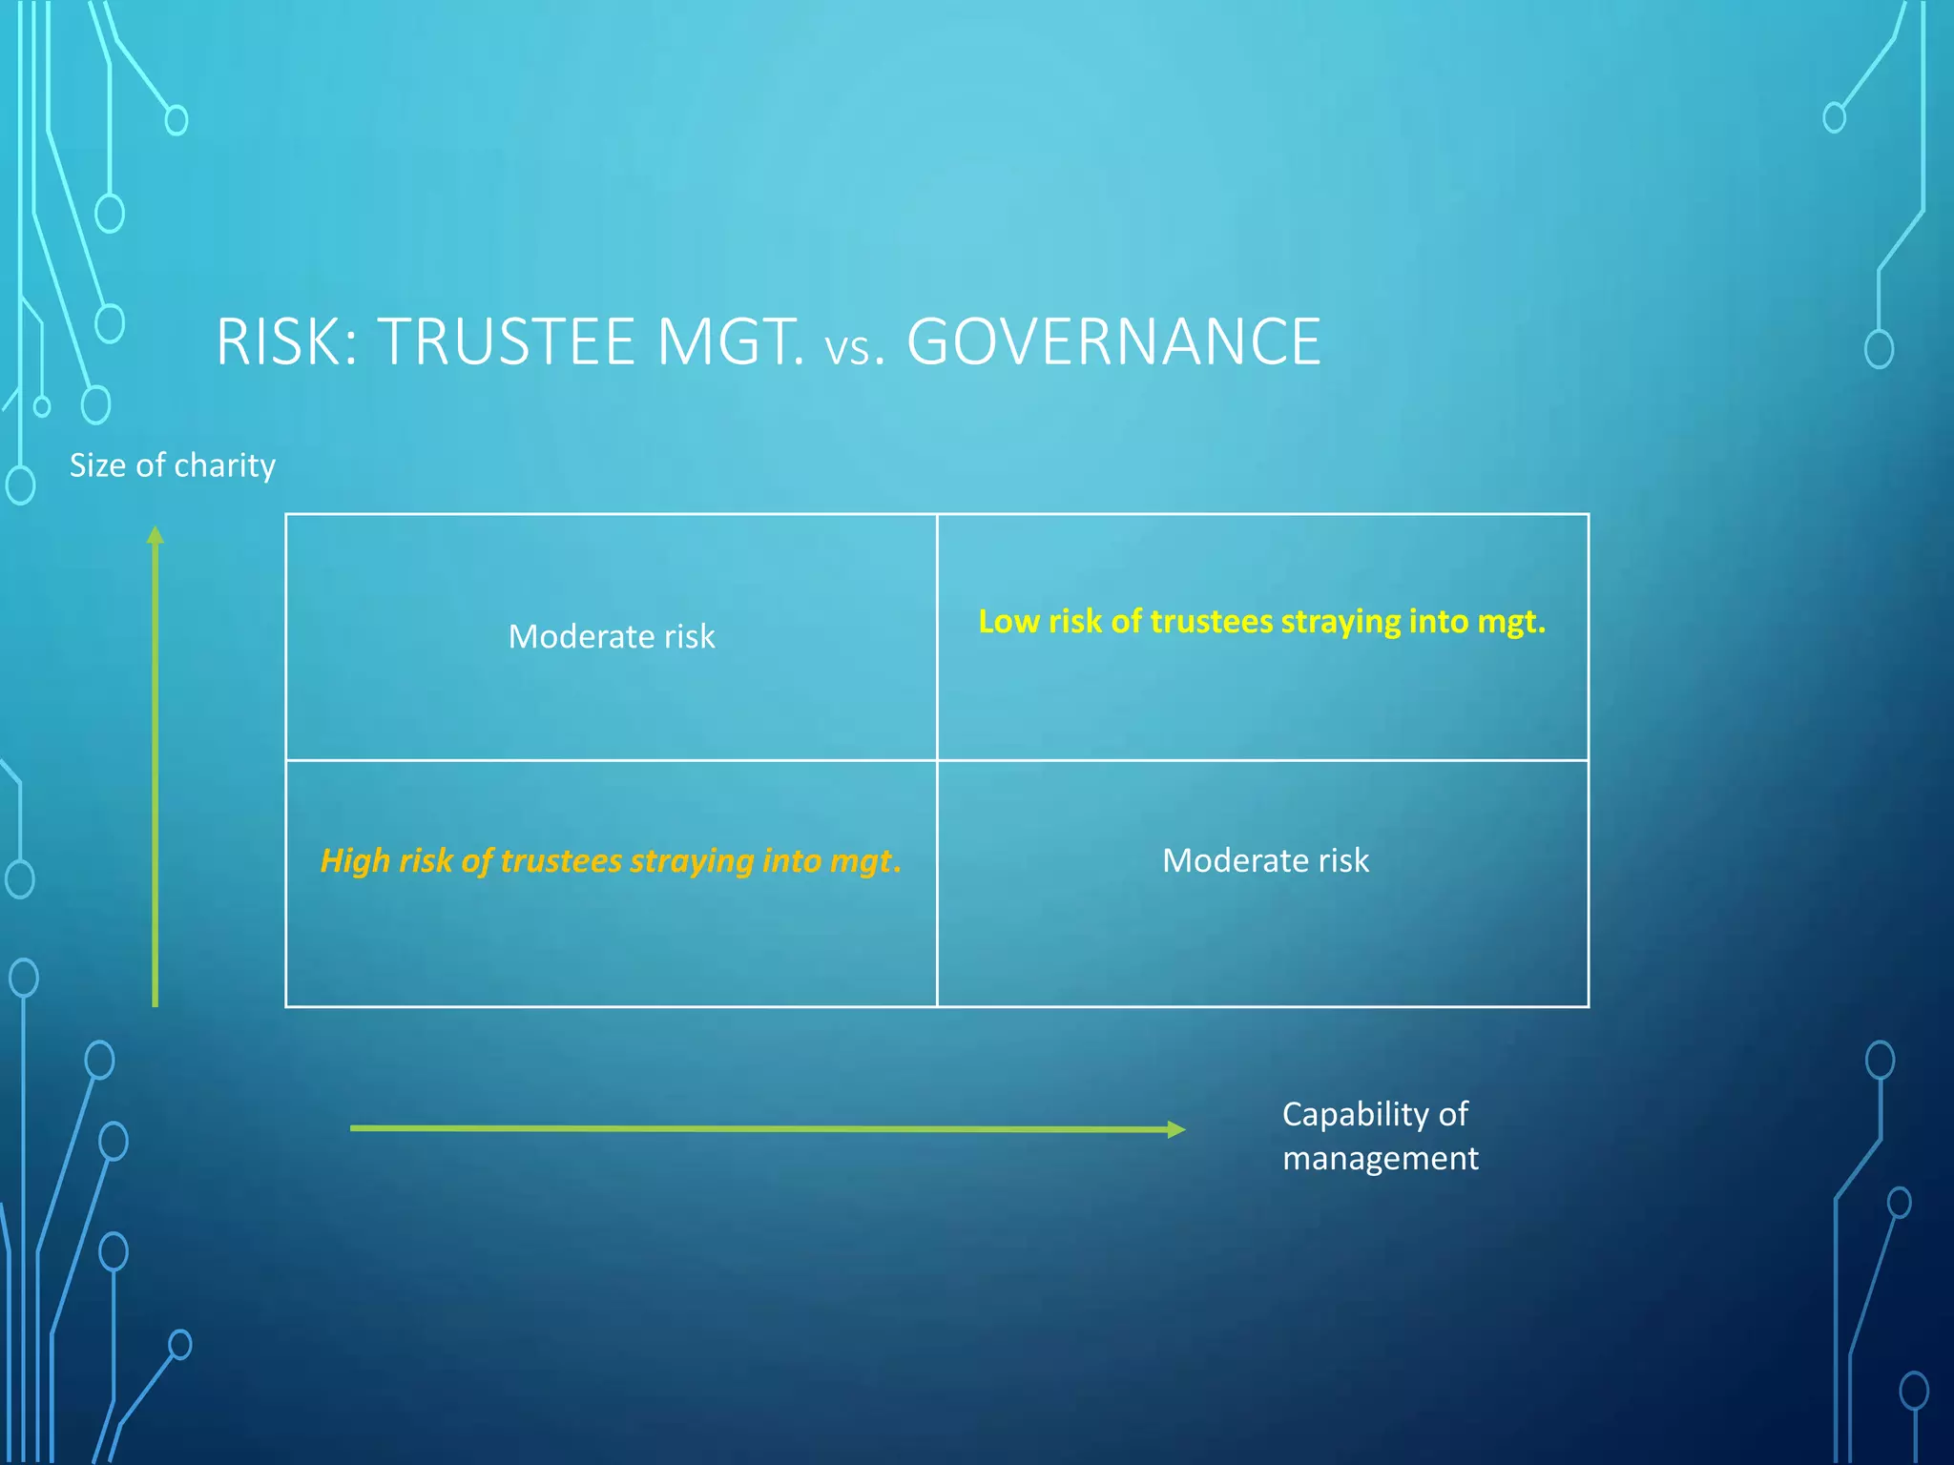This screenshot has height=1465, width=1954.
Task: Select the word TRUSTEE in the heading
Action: pyautogui.click(x=507, y=341)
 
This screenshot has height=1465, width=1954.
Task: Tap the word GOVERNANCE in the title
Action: pyautogui.click(x=1113, y=341)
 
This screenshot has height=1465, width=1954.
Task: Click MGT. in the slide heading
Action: pyautogui.click(x=731, y=341)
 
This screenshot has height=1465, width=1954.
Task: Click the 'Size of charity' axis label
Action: pyautogui.click(x=173, y=465)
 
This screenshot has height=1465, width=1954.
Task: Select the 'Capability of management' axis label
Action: pyautogui.click(x=1380, y=1135)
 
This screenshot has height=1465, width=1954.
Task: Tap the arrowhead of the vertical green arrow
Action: pyautogui.click(x=156, y=536)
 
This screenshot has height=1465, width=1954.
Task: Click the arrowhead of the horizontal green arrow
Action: pyautogui.click(x=1175, y=1129)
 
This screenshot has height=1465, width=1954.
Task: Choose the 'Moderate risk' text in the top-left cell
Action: pyautogui.click(x=612, y=636)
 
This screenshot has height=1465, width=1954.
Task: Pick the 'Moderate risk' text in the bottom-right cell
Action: pyautogui.click(x=1265, y=860)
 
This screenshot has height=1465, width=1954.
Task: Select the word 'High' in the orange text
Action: pyautogui.click(x=354, y=860)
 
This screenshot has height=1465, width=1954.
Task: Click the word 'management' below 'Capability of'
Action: pyautogui.click(x=1380, y=1158)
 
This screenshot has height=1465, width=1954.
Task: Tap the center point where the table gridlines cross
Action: pyautogui.click(x=937, y=760)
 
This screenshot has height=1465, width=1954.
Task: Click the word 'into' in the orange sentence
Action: pyautogui.click(x=791, y=860)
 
